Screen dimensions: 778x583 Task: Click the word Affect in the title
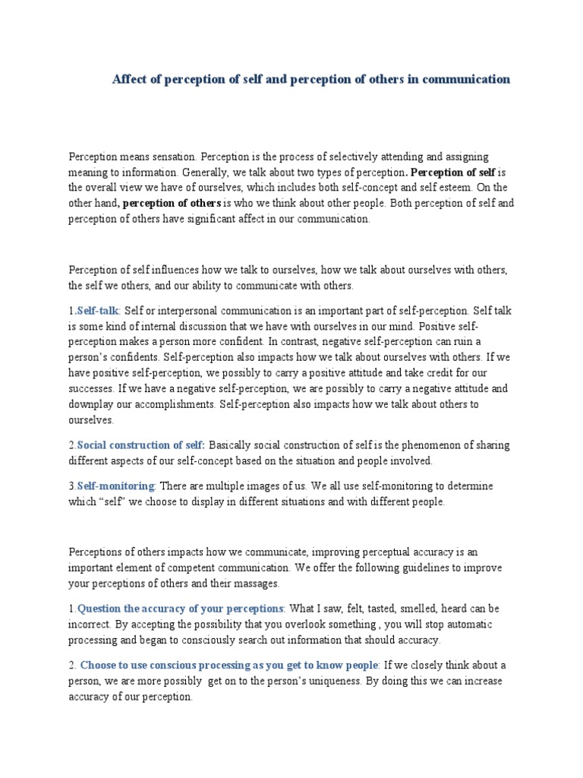pos(129,79)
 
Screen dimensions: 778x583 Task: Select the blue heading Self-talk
pos(98,311)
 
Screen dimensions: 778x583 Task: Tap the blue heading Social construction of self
pos(141,444)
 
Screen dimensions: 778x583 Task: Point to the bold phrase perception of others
pos(172,203)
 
